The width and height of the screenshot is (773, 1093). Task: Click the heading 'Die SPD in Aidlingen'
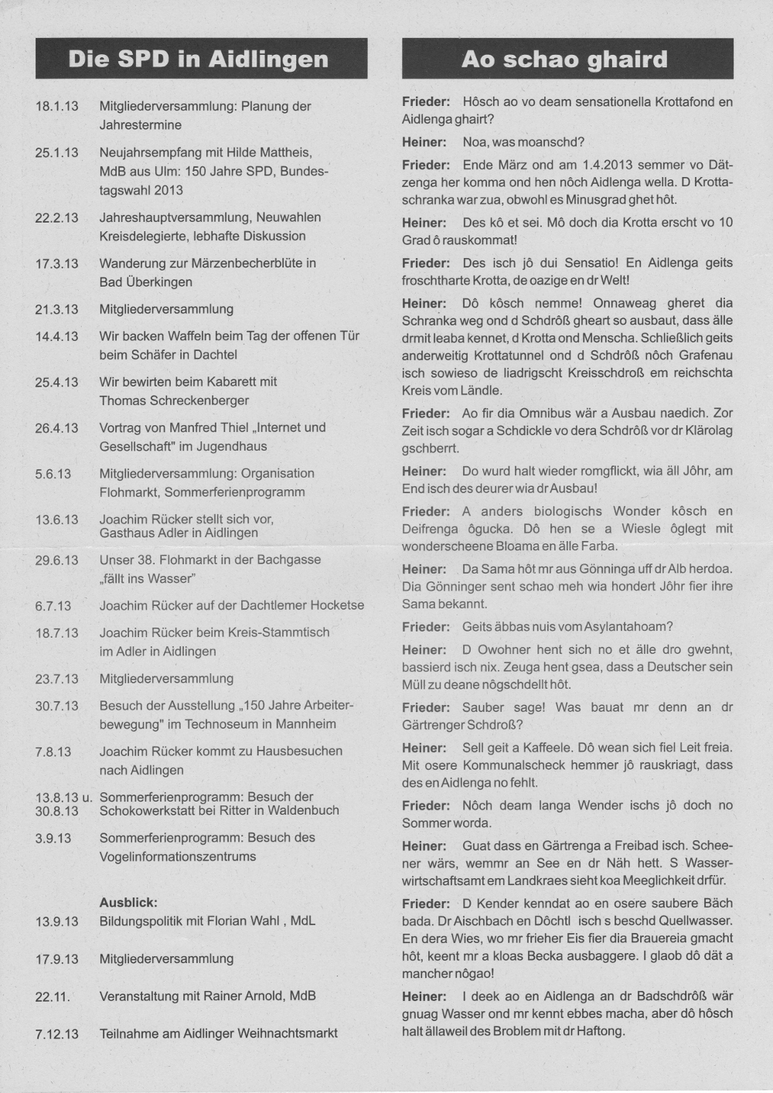coord(199,60)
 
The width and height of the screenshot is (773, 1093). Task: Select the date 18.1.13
coord(56,107)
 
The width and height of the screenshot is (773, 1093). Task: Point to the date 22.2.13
coord(56,218)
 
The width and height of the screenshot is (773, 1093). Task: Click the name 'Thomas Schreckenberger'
coord(174,400)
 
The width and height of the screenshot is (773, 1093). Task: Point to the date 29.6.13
coord(56,560)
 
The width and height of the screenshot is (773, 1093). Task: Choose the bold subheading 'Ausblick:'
coord(128,902)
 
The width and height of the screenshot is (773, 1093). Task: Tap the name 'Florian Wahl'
coord(251,921)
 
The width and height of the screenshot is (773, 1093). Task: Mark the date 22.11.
coord(52,997)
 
